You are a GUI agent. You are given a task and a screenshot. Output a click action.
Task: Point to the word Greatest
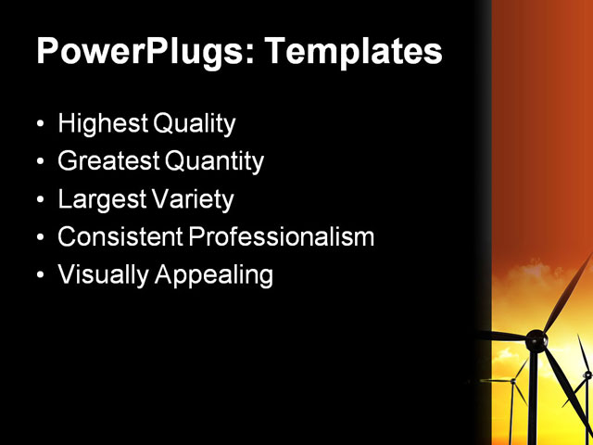coord(107,161)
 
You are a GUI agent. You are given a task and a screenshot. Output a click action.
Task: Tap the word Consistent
coord(120,237)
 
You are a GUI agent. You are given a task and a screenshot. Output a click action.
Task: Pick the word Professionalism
coord(282,237)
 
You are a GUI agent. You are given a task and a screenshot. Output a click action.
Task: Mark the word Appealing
coord(217,275)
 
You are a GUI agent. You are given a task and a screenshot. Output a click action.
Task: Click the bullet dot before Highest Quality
coord(39,124)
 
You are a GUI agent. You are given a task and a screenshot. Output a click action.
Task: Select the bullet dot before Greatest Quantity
coord(39,162)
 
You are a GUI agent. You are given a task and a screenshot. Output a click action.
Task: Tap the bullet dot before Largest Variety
coord(39,200)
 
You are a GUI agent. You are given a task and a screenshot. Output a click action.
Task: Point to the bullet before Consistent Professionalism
coord(39,238)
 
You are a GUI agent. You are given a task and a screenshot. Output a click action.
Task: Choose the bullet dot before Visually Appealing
coord(39,276)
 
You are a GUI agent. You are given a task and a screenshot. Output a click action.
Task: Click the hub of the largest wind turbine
coord(536,342)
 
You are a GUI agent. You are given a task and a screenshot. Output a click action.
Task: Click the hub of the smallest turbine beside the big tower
coord(512,380)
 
